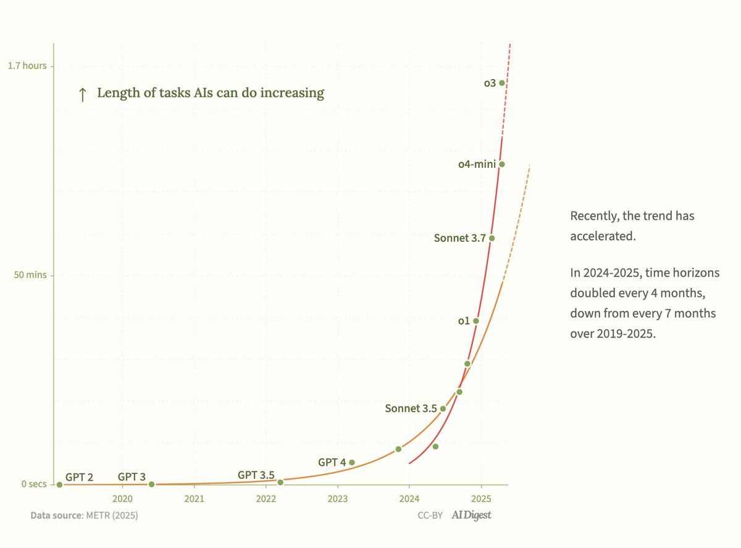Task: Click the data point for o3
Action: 502,83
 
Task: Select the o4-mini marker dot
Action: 502,164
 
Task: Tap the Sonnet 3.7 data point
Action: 492,238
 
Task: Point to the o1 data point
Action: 475,321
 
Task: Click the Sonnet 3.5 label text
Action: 411,408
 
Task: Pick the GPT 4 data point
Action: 352,462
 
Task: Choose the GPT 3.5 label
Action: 256,475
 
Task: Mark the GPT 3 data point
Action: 151,484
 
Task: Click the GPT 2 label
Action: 79,476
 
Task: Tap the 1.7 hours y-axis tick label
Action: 27,65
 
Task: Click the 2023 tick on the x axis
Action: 338,498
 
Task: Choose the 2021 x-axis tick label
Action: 195,498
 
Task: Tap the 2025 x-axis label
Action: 481,498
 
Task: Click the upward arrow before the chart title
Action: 82,94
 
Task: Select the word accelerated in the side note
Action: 602,236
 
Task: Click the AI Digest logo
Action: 472,515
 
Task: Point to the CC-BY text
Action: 430,515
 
